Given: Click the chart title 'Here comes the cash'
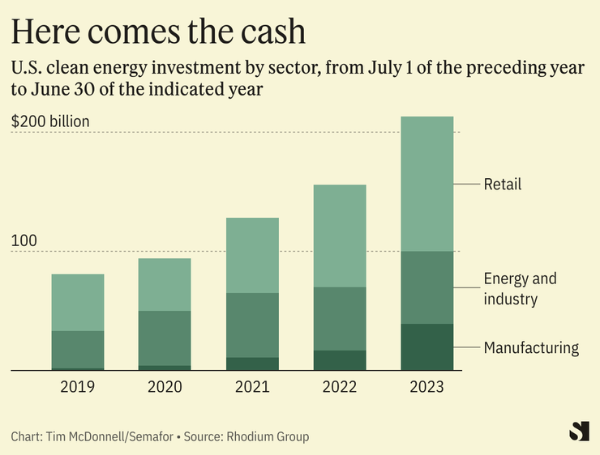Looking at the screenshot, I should click(158, 32).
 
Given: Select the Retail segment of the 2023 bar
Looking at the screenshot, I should click(426, 184).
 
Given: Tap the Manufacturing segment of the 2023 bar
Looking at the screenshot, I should click(426, 347).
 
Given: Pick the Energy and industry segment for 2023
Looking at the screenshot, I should click(426, 287).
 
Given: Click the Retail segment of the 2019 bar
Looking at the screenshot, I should click(78, 302).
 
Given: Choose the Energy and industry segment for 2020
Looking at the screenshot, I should click(165, 338).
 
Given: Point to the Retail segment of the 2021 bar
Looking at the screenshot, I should click(252, 255).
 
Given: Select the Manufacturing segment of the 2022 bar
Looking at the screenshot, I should click(339, 360).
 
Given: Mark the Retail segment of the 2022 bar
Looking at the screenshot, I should click(339, 236).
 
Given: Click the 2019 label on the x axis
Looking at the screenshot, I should click(78, 387).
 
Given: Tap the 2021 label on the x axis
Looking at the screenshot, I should click(252, 387).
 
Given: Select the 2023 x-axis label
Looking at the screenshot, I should click(426, 387).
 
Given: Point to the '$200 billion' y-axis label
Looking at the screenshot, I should click(50, 122).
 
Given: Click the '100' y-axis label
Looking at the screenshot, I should click(24, 241).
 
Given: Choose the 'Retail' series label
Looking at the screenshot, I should click(503, 185).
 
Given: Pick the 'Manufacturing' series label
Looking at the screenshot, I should click(531, 348).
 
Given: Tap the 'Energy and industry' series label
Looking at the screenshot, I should click(520, 289).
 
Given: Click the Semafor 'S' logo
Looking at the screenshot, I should click(579, 431).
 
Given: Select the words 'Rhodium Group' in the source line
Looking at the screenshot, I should click(269, 436).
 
